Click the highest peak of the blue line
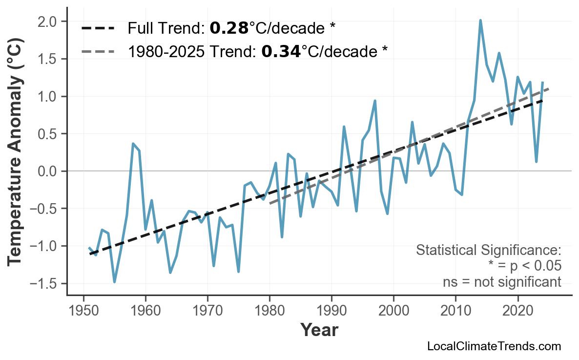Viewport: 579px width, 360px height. click(x=480, y=21)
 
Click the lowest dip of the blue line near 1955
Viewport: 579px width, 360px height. click(x=114, y=282)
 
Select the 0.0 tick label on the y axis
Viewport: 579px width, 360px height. click(x=50, y=171)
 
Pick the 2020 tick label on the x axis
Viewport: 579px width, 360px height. click(x=517, y=311)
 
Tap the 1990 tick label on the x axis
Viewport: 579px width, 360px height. click(x=331, y=311)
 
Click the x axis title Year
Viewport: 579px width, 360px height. click(x=319, y=330)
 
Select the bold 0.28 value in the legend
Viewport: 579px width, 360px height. click(x=229, y=28)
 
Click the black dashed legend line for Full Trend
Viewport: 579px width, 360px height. click(x=98, y=28)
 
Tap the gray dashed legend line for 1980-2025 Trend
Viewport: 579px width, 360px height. click(x=98, y=51)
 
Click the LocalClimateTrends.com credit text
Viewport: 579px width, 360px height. click(x=494, y=346)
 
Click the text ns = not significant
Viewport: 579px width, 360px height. click(x=502, y=282)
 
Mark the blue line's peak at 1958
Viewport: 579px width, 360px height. click(x=133, y=144)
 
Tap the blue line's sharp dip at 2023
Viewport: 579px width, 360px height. click(x=536, y=161)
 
